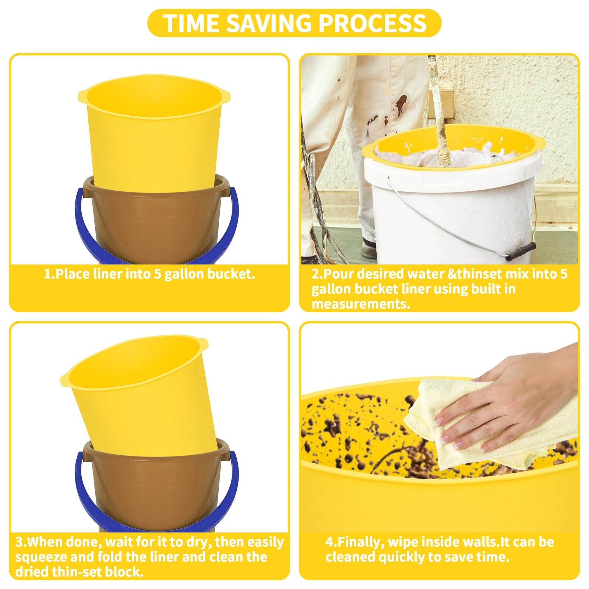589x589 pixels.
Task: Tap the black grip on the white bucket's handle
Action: [521, 252]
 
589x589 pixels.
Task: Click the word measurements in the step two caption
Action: [360, 304]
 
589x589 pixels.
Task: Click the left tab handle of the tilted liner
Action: [66, 378]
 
